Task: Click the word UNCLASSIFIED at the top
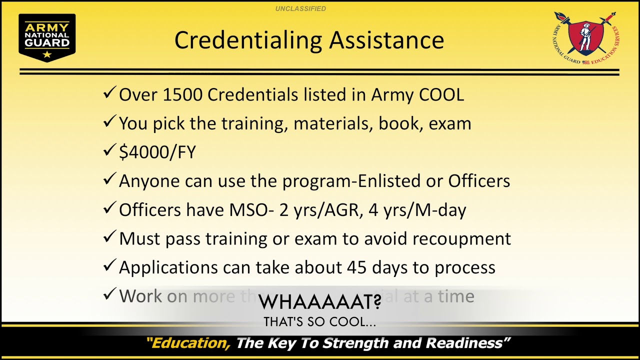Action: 300,8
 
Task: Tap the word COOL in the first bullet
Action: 442,95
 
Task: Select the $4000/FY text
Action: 157,152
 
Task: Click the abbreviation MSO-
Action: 251,210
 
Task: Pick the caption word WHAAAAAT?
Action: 320,301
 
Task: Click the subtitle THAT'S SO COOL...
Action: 320,322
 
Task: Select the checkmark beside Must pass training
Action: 109,237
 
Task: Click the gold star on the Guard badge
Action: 47,54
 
